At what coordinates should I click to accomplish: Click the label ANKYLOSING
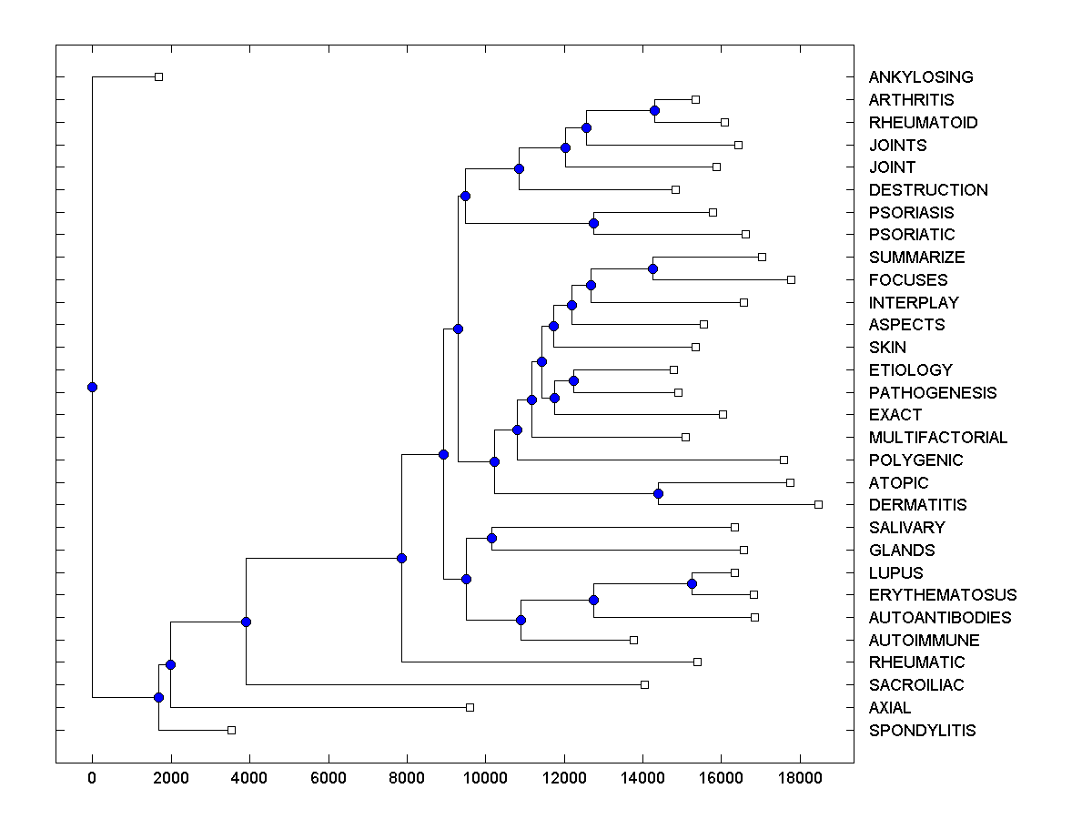pyautogui.click(x=920, y=77)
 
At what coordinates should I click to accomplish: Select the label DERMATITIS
pyautogui.click(x=917, y=505)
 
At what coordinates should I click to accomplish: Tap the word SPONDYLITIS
pyautogui.click(x=922, y=730)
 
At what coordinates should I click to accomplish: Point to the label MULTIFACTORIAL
pyautogui.click(x=937, y=438)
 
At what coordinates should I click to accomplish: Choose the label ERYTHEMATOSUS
pyautogui.click(x=942, y=595)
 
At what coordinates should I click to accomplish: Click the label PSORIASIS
pyautogui.click(x=911, y=213)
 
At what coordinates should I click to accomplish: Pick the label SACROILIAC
pyautogui.click(x=915, y=685)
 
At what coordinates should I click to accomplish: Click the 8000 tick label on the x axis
pyautogui.click(x=407, y=778)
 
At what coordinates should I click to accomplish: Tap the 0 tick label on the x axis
pyautogui.click(x=92, y=778)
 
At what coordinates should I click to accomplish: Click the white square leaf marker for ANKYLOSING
pyautogui.click(x=158, y=76)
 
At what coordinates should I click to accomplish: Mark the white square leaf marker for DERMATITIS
pyautogui.click(x=818, y=504)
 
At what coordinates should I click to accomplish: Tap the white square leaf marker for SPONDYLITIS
pyautogui.click(x=231, y=730)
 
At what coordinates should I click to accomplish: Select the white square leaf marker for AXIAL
pyautogui.click(x=470, y=707)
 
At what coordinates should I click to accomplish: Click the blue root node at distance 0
pyautogui.click(x=92, y=387)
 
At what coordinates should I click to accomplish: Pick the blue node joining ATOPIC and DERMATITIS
pyautogui.click(x=659, y=493)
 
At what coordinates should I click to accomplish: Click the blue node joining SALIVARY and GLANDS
pyautogui.click(x=491, y=538)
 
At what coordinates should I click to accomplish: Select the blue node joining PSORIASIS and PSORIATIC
pyautogui.click(x=593, y=223)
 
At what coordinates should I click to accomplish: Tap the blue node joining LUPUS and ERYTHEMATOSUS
pyautogui.click(x=692, y=583)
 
